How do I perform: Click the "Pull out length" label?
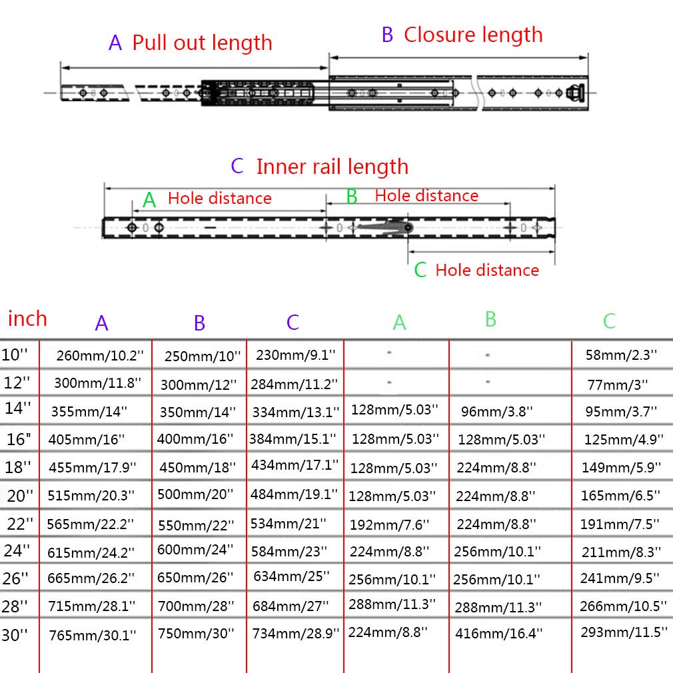coord(202,43)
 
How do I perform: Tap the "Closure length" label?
coord(473,35)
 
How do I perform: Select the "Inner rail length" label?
coord(333,167)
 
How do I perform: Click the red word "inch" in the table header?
coord(27,319)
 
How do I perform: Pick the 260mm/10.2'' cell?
coord(100,355)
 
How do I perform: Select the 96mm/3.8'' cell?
coord(497,412)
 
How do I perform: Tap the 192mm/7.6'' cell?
coord(389,524)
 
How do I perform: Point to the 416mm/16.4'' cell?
coord(498,633)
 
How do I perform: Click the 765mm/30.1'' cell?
coord(93,635)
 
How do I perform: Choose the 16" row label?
coord(19,439)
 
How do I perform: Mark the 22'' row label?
coord(20,524)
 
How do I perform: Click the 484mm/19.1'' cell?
coord(294,494)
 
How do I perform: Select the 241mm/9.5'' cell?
coord(620,578)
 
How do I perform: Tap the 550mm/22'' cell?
coord(196,525)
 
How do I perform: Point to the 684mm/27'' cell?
coord(291,606)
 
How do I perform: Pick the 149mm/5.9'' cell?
coord(621,467)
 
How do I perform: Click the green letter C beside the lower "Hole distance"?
coord(420,270)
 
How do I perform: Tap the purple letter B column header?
coord(200,323)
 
